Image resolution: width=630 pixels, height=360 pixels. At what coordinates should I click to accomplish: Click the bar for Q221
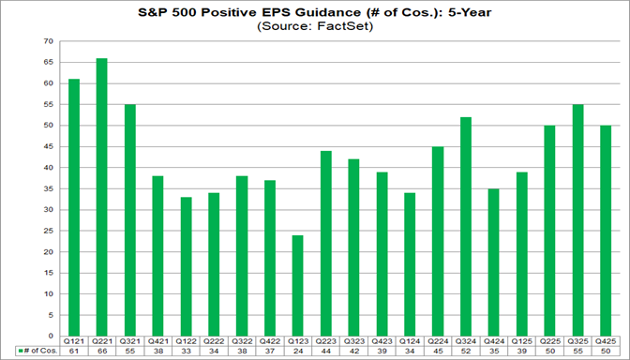click(101, 197)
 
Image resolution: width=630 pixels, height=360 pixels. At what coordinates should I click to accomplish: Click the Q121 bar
click(74, 207)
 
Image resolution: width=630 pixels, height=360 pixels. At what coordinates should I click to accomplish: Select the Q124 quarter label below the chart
click(409, 341)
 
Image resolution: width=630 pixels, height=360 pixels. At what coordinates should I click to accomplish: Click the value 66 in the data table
click(101, 351)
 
